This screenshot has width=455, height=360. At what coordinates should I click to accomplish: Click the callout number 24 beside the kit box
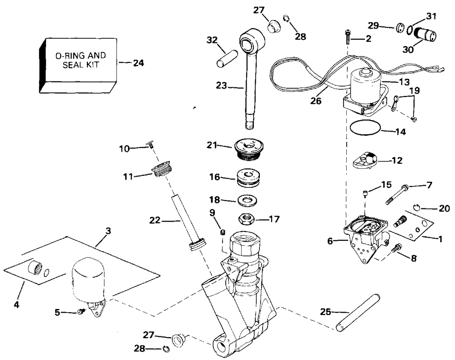[x=138, y=63]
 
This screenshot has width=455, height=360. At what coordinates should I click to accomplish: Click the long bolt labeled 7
[x=397, y=194]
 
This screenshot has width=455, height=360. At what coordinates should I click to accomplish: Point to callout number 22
[x=155, y=220]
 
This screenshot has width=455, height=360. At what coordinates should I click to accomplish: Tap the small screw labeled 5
[x=81, y=312]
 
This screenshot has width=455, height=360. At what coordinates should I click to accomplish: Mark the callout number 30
[x=408, y=50]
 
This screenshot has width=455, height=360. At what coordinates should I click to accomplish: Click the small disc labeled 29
[x=400, y=29]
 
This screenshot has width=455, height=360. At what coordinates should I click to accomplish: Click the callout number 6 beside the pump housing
[x=330, y=241]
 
